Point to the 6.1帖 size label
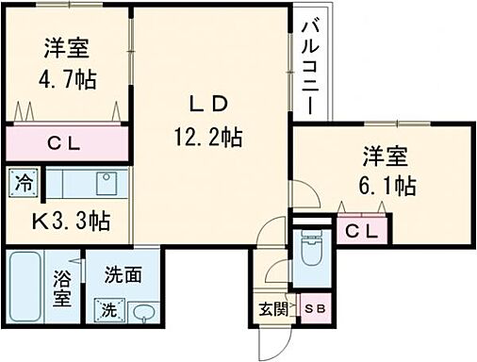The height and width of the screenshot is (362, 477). coord(388,184)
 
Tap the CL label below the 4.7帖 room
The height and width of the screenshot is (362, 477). coord(64,144)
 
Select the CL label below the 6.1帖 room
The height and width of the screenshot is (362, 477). coord(362,230)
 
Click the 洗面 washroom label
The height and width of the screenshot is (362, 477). coord(122,275)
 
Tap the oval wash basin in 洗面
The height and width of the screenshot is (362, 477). coord(142,310)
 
